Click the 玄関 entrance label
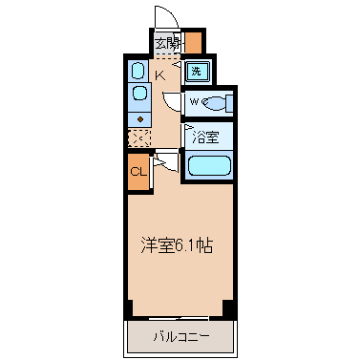[167, 43]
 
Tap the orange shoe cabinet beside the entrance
[193, 42]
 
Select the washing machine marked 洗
[197, 72]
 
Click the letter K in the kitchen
[160, 75]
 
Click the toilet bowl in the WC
[216, 103]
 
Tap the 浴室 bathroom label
[205, 137]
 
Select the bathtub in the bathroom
[209, 165]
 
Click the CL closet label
[138, 172]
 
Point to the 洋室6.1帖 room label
[177, 245]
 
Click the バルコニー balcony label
[181, 337]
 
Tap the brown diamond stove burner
[139, 119]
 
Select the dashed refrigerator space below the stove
[138, 138]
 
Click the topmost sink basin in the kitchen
[138, 71]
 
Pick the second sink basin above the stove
[139, 94]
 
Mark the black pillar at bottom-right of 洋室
[228, 308]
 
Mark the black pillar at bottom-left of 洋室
[129, 308]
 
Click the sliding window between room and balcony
[179, 318]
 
